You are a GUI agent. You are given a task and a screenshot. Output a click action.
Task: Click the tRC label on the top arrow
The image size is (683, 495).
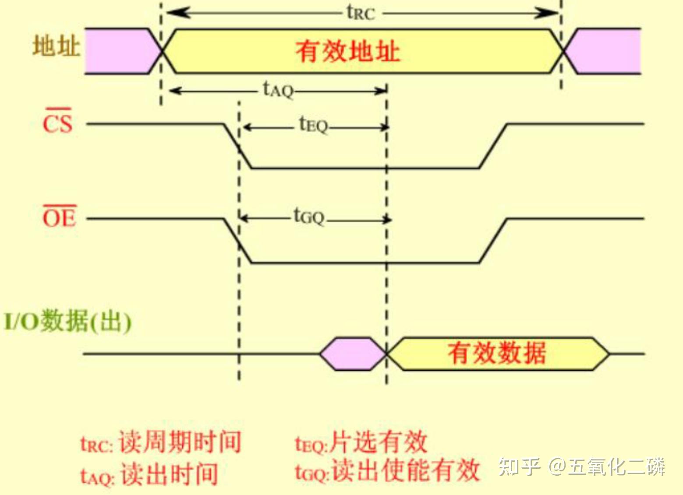[x=361, y=13]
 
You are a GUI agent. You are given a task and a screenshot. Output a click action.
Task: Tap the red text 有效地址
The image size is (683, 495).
[x=347, y=52]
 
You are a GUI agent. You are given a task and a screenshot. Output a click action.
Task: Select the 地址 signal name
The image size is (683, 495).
[x=56, y=46]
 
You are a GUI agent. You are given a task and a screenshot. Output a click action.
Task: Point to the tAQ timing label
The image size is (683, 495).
[x=278, y=90]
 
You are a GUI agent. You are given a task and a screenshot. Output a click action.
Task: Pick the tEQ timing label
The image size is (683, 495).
[x=313, y=125]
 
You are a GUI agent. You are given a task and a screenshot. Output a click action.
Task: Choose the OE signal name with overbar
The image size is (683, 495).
[x=60, y=216]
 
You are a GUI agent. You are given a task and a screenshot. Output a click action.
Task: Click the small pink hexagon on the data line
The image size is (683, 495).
[x=353, y=354]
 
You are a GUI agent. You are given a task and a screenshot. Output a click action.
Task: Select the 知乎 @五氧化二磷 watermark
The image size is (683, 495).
[x=582, y=467]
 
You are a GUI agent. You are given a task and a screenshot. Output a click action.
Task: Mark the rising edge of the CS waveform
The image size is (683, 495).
[x=493, y=146]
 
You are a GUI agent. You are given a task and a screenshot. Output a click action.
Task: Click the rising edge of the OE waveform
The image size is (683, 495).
[x=493, y=241]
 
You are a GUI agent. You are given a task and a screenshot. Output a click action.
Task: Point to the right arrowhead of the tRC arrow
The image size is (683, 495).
[x=546, y=13]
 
